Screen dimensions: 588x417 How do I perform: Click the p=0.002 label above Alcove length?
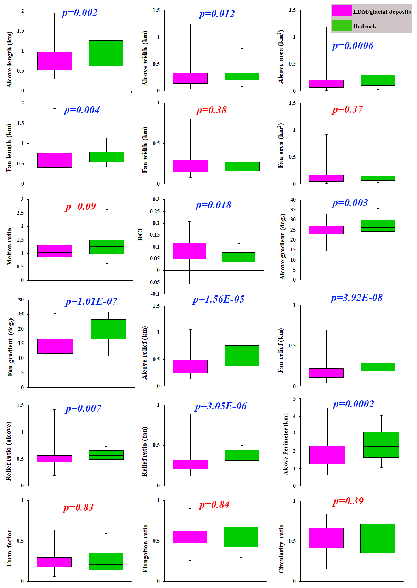(x=79, y=13)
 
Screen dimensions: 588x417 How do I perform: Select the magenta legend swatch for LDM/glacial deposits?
(x=342, y=11)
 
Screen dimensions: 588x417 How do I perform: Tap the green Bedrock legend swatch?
(x=342, y=26)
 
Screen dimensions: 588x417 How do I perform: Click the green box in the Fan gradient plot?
(x=108, y=329)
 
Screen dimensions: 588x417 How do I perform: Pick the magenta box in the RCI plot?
(x=189, y=251)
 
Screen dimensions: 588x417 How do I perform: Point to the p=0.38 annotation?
(x=212, y=110)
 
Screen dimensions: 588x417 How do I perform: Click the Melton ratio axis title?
(x=9, y=247)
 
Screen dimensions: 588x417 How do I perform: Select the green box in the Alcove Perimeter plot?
(x=381, y=445)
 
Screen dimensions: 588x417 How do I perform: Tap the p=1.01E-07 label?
(x=91, y=301)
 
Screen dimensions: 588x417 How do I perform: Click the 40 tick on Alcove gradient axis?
(x=293, y=200)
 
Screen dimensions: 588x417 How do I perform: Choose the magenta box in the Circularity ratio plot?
(x=326, y=538)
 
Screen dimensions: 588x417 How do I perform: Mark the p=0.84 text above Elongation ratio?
(x=214, y=505)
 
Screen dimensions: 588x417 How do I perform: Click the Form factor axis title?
(x=9, y=548)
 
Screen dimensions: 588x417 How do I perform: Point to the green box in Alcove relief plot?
(x=242, y=356)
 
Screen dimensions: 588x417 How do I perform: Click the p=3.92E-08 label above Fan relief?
(x=356, y=298)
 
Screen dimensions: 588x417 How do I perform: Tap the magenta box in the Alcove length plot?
(x=55, y=61)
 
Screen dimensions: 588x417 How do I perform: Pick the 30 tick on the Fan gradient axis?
(x=21, y=300)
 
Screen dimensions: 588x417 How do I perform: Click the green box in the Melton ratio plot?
(x=107, y=247)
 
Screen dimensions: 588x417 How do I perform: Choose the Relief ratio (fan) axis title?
(x=145, y=451)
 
